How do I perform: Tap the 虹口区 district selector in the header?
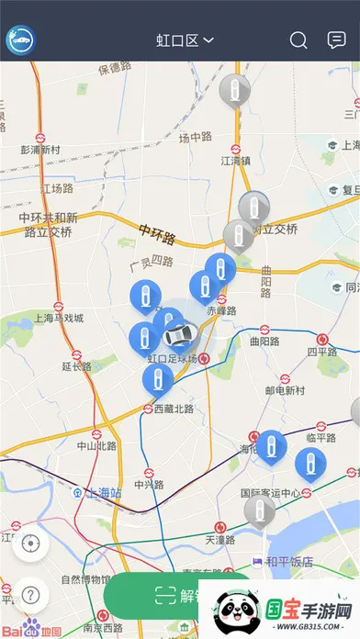click(185, 40)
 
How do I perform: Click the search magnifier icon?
click(298, 40)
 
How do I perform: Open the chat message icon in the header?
click(336, 40)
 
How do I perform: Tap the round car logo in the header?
click(20, 40)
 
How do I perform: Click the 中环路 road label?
click(157, 234)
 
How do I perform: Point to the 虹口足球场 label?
click(172, 358)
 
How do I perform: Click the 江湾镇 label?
click(236, 160)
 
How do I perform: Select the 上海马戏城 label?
click(58, 319)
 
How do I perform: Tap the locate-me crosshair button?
click(31, 543)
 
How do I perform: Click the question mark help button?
click(31, 594)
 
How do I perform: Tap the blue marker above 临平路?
click(309, 464)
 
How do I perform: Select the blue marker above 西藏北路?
click(158, 379)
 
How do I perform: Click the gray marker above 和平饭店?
click(260, 510)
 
